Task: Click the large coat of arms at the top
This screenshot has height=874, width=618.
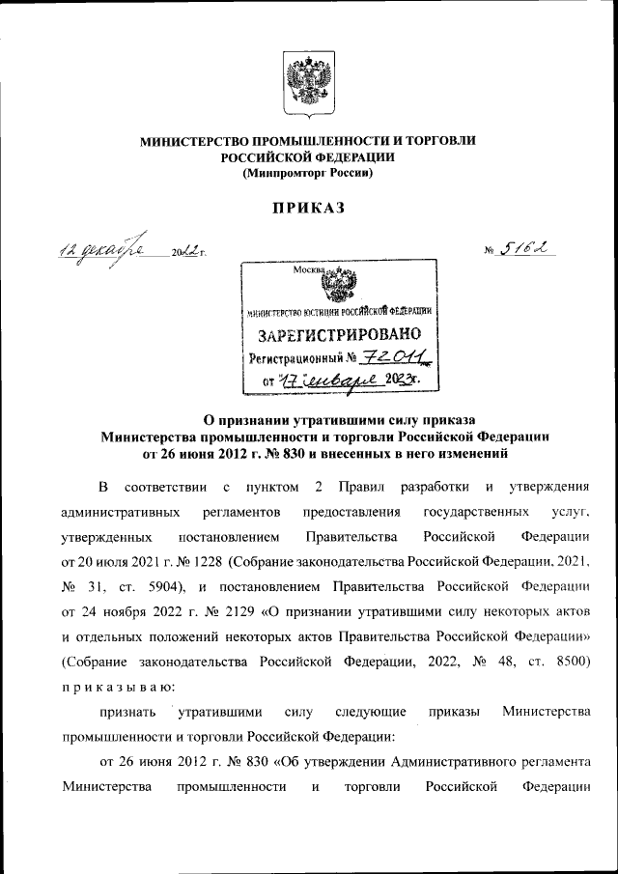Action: (308, 84)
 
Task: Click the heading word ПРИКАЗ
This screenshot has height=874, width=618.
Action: (308, 208)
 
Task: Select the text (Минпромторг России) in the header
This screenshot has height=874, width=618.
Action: (308, 173)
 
